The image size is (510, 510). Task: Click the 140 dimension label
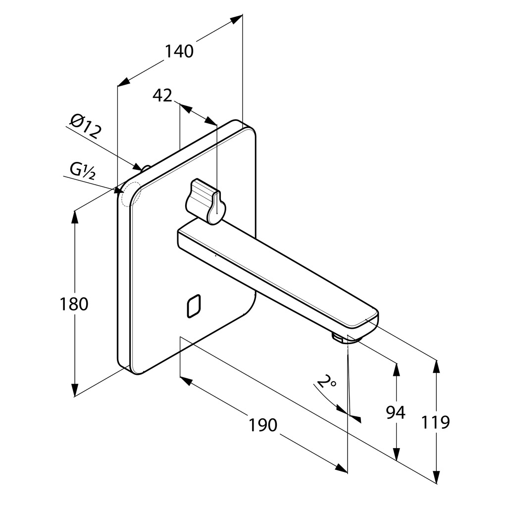(x=179, y=51)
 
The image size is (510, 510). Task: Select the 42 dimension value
(x=162, y=95)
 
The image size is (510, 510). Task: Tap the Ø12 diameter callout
(x=86, y=126)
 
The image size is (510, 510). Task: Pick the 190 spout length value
(x=263, y=424)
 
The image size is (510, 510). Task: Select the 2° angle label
(x=327, y=382)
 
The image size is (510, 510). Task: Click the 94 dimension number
(x=396, y=412)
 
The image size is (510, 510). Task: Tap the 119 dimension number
(x=436, y=422)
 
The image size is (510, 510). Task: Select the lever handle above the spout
(x=204, y=200)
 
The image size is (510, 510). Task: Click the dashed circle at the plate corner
(x=130, y=194)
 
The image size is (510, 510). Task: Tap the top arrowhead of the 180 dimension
(x=75, y=217)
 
